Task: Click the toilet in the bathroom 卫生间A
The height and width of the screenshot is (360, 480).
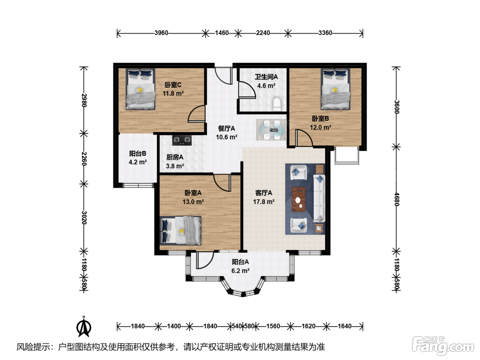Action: pos(277,104)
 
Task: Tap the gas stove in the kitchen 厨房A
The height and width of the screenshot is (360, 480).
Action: pos(182,140)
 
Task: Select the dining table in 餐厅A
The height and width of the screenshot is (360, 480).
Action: pos(271,130)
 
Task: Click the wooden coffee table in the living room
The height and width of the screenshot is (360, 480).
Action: pos(299,199)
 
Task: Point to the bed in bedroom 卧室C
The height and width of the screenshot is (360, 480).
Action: pos(140,89)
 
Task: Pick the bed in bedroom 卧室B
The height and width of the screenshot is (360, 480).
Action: pos(335,89)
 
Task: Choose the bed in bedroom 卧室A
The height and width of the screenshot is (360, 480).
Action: pos(181,230)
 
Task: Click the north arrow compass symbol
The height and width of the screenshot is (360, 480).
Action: pos(84,327)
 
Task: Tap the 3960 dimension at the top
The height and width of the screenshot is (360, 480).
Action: pos(161,33)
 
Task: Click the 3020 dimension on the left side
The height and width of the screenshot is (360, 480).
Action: pos(84,217)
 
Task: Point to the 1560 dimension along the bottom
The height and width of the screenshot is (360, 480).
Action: pos(273,326)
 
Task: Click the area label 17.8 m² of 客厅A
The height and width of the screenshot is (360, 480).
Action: pos(264,202)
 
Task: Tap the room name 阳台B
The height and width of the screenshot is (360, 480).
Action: pos(137,154)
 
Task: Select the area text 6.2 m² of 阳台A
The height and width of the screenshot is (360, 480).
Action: pos(240,271)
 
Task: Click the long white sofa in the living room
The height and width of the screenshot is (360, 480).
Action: pos(319,199)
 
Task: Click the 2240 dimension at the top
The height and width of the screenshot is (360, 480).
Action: pos(263,33)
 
